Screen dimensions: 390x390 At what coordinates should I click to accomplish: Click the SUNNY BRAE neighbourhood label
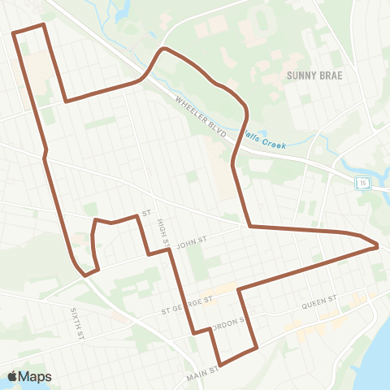pos(314,75)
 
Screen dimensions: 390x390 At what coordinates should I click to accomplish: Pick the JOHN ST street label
pos(193,241)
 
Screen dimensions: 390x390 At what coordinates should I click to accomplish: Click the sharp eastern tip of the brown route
pos(378,245)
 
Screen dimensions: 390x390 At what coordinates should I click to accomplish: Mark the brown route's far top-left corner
pos(14,33)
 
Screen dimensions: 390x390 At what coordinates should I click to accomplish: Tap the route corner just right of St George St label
pos(238,289)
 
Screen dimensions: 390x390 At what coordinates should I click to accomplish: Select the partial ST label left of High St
pos(147,214)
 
